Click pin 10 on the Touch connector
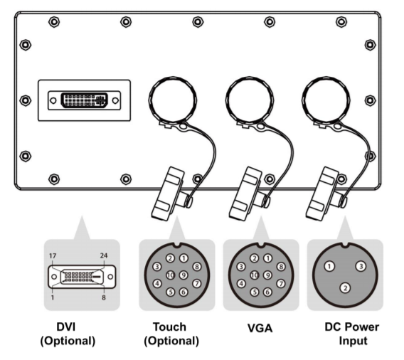(170, 275)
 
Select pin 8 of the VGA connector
(281, 267)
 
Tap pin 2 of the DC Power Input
(345, 288)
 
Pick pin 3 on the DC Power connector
(361, 266)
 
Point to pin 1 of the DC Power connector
(329, 266)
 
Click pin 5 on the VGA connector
(255, 292)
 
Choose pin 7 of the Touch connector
(197, 284)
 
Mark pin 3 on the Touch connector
(157, 267)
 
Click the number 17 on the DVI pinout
(53, 256)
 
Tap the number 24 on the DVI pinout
(104, 255)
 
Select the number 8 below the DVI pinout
(104, 297)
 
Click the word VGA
(260, 328)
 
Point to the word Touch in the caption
(169, 327)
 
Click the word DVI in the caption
(66, 327)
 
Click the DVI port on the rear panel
(84, 100)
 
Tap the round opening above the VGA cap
(250, 99)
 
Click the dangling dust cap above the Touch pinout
(169, 194)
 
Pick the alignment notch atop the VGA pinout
(260, 245)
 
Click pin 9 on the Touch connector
(184, 275)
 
